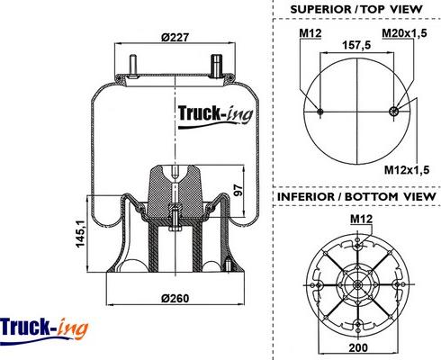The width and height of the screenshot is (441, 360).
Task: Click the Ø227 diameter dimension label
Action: [175, 38]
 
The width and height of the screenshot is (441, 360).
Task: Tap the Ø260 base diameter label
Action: [175, 298]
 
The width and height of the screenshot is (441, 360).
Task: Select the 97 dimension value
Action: [238, 190]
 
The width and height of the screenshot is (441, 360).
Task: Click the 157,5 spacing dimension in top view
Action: [356, 45]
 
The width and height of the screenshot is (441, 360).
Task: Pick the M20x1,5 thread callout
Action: [404, 33]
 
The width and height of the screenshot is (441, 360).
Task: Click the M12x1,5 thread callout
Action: [407, 170]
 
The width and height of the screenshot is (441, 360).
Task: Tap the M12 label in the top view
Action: [310, 33]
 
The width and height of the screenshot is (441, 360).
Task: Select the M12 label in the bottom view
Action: [362, 219]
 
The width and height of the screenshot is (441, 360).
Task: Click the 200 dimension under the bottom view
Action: [358, 347]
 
